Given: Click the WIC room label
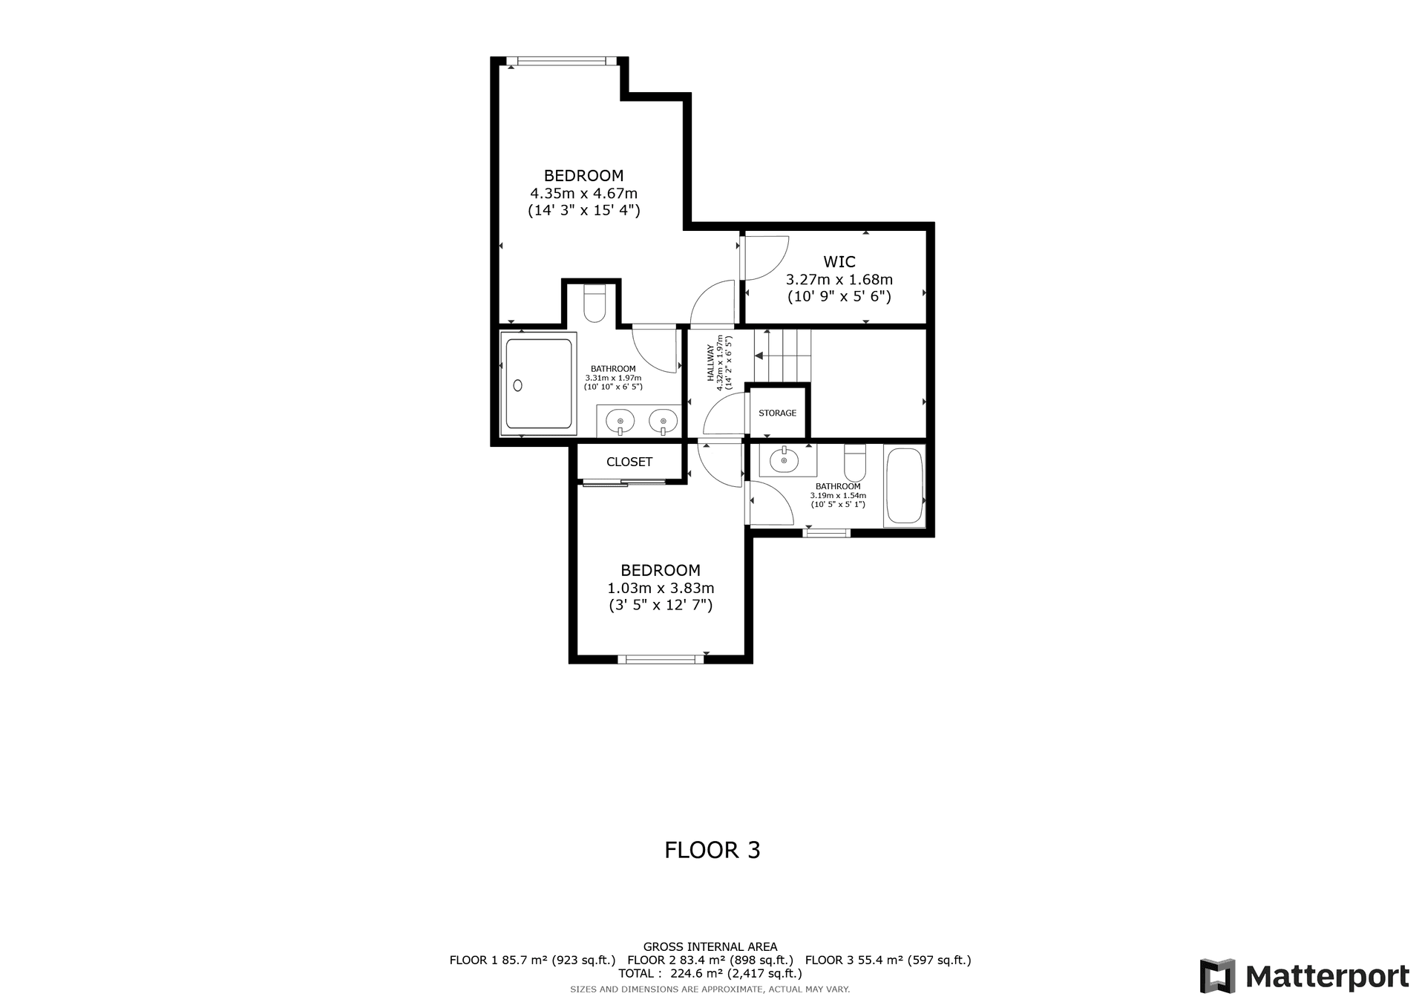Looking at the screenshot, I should coord(839,262).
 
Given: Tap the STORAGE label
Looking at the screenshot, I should coord(777,413).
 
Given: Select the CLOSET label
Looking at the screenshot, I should coord(629,462).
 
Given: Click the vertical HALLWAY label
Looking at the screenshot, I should coord(710,362).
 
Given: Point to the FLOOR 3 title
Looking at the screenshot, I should coord(712,850).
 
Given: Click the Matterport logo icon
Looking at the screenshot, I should coord(1217,976).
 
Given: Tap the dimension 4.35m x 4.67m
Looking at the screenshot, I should coord(583,194).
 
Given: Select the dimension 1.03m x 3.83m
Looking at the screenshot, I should coord(661,589).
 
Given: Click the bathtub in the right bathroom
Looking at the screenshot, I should coord(903,485).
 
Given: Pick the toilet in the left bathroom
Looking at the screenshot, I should coord(594,304).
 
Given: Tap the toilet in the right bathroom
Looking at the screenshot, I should coord(855,462).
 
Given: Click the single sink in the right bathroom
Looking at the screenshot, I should coord(784,460).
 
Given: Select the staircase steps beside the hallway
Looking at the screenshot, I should coord(783,355).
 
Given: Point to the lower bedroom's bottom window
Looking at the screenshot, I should coord(661,658).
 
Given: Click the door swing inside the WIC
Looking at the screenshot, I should coord(764,258).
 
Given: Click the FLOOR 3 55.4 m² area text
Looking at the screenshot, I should coord(888,960).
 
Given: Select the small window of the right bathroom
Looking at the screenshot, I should coord(827,532).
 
